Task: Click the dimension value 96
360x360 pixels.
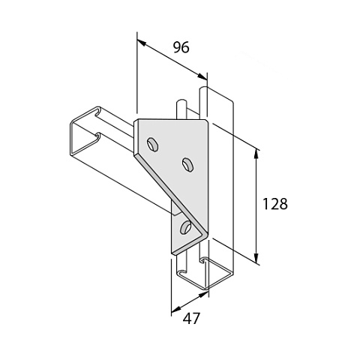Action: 181,47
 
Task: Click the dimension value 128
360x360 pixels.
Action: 274,204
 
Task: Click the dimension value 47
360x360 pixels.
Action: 191,319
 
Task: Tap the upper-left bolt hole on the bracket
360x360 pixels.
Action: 152,144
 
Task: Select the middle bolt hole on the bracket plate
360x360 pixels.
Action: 188,164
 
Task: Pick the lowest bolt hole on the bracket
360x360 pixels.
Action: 185,227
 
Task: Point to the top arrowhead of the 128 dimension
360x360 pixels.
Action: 256,154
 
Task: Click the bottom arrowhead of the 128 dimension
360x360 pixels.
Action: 256,258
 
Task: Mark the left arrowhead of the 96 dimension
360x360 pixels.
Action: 142,43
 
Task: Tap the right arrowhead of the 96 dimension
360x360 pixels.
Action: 202,76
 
